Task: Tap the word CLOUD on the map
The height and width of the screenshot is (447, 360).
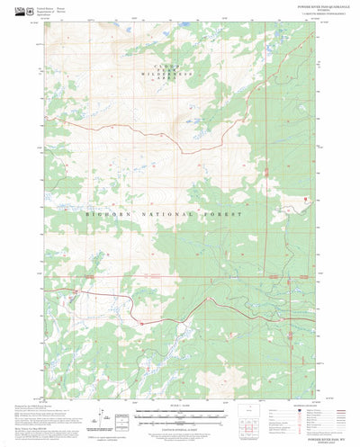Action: click(150, 68)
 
